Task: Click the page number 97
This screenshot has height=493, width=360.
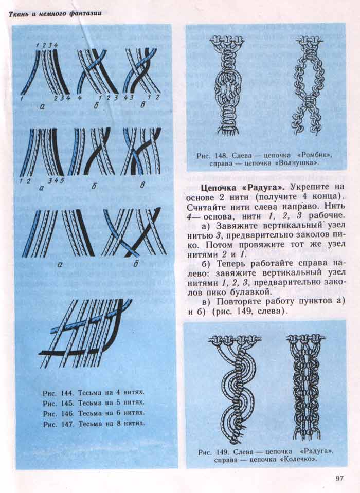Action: coord(339,479)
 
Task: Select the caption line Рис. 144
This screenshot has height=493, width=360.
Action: coord(93,392)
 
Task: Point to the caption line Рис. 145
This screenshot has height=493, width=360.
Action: coord(93,403)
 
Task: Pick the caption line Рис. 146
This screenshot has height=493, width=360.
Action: coord(93,413)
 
